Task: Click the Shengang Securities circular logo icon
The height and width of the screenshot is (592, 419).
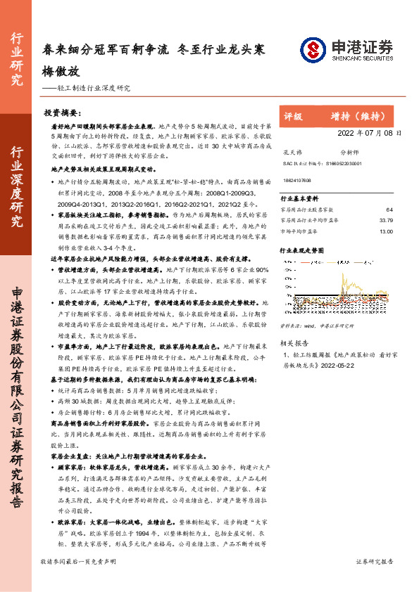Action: coord(311,49)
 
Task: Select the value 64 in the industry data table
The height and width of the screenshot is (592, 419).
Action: coord(389,210)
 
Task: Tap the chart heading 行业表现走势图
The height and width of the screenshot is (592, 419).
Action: coord(303,250)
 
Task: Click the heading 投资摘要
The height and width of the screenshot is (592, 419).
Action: coord(61,112)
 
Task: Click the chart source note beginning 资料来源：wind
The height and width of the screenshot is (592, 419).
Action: coord(318,326)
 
